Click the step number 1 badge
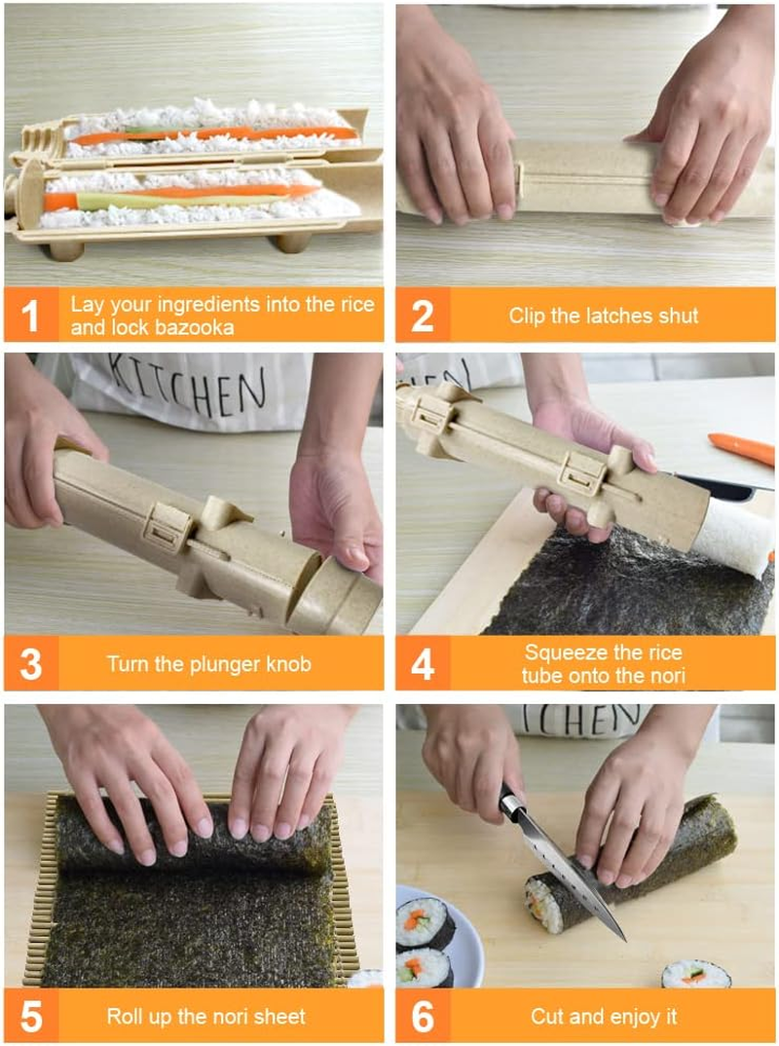click(31, 315)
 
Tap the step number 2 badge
click(423, 315)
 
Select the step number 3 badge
click(31, 664)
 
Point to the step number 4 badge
click(423, 664)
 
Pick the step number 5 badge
click(31, 1016)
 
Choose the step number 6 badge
click(423, 1016)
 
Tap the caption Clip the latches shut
click(604, 315)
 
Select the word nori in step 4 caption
click(667, 675)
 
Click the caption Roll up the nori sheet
click(206, 1016)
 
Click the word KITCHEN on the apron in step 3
click(186, 382)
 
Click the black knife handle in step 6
click(510, 801)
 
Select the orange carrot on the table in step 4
click(742, 448)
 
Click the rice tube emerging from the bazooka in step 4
click(732, 542)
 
